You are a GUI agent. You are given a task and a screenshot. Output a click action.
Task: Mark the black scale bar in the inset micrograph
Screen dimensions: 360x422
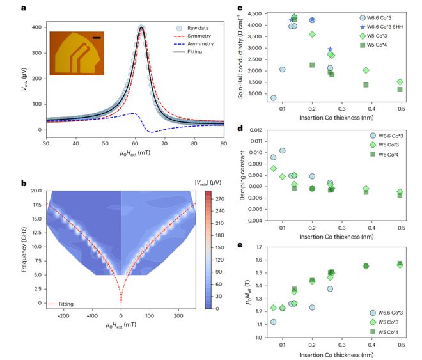coord(97,38)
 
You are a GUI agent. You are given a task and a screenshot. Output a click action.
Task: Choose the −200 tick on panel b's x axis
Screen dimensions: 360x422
coord(65,316)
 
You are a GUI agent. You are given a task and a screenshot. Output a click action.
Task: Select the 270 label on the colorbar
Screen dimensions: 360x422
coord(220,199)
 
